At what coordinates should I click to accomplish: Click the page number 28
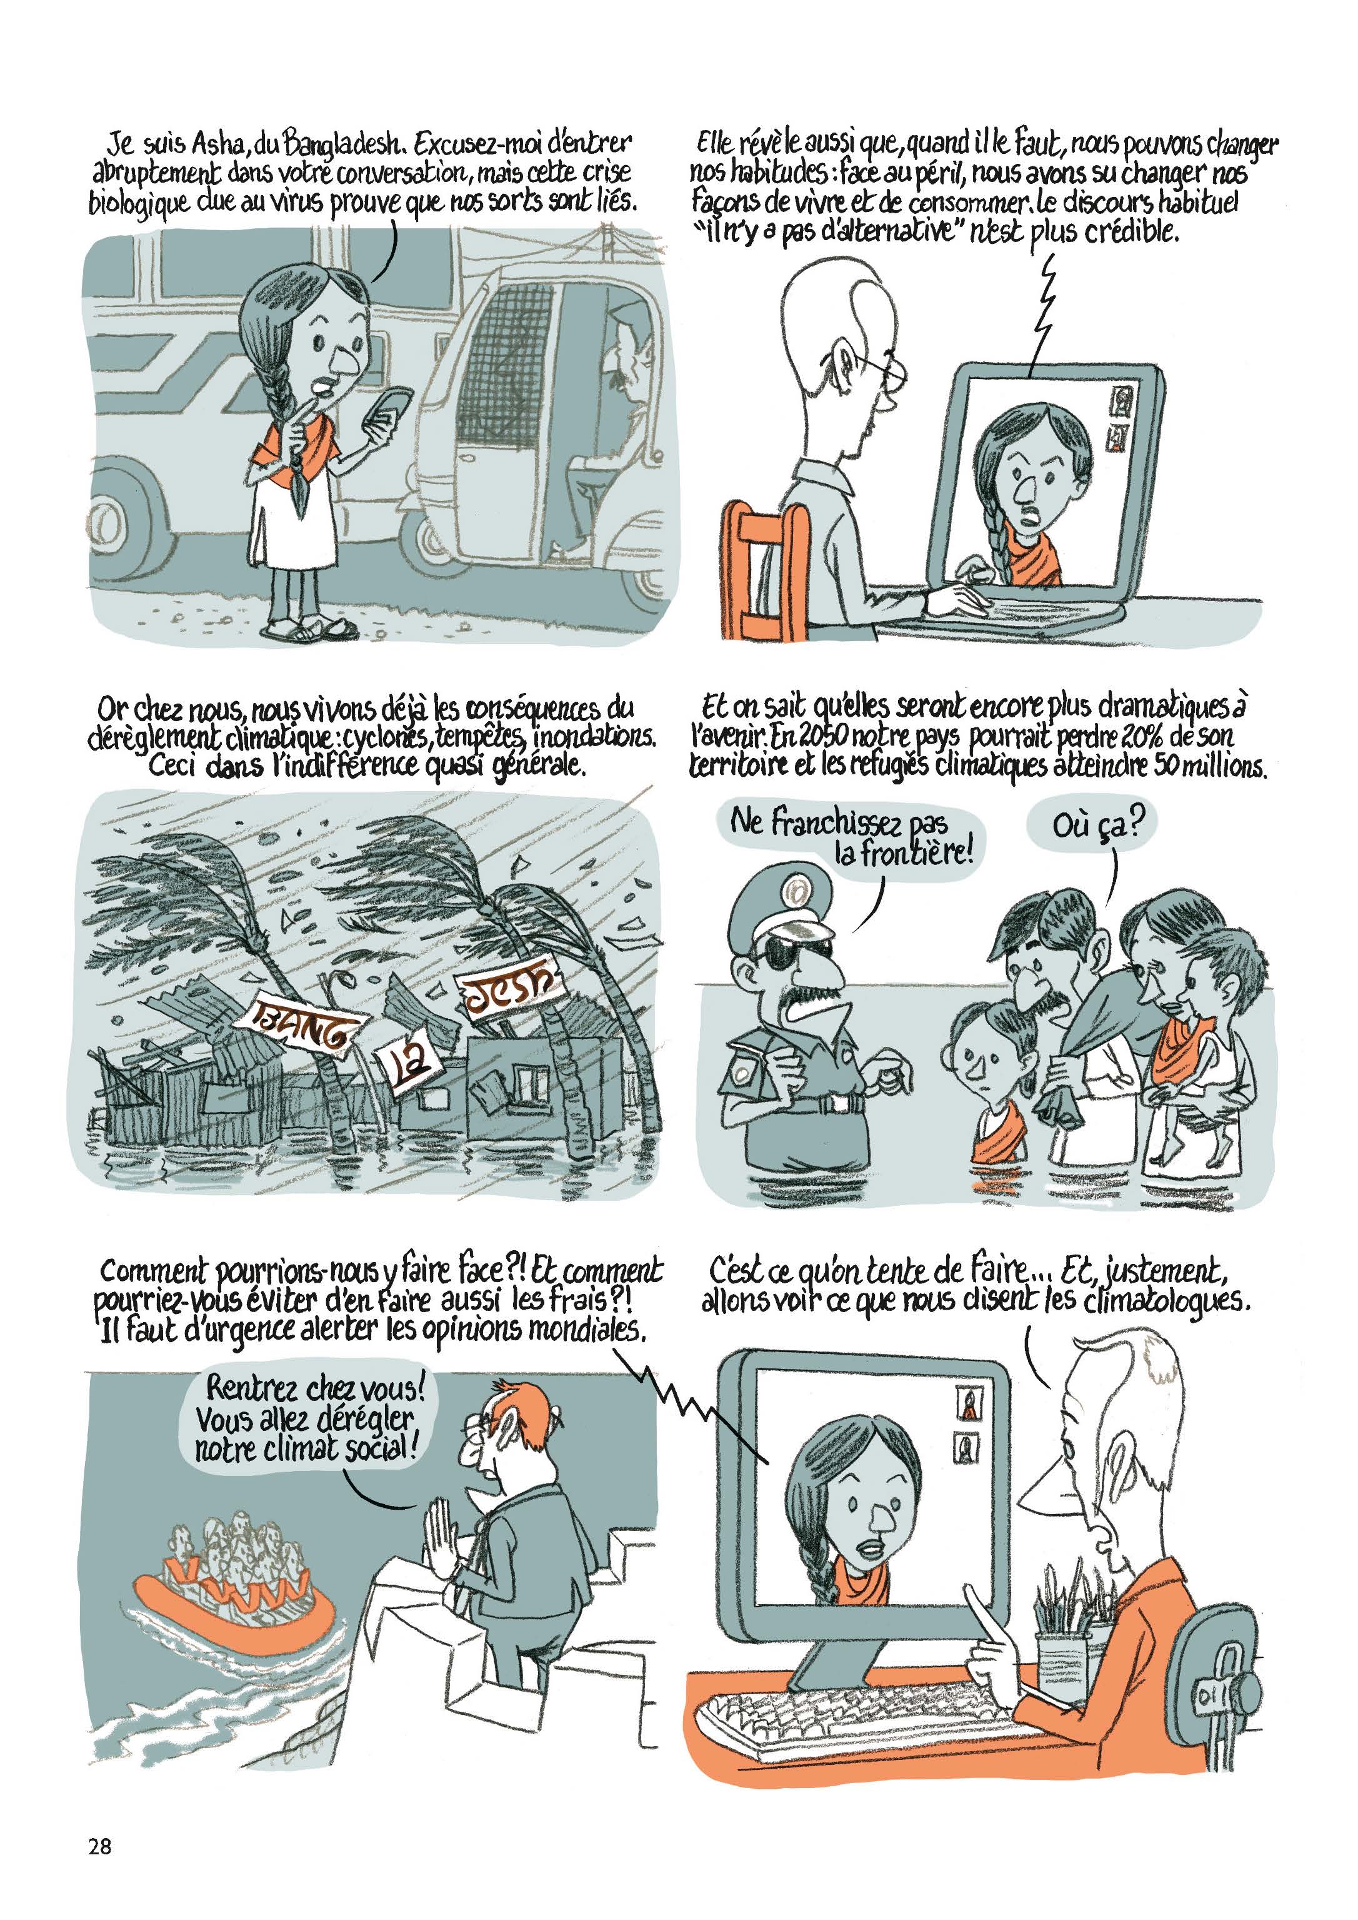[99, 1841]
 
